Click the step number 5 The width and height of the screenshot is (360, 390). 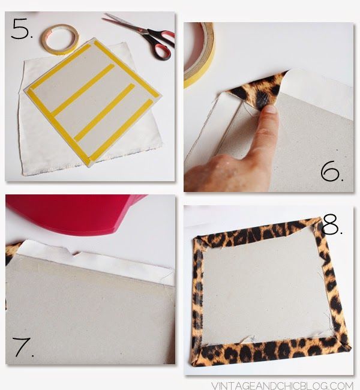22,29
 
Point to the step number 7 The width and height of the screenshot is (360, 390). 23,347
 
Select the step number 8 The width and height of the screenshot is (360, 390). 332,225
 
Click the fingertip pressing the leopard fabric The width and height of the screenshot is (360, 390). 269,110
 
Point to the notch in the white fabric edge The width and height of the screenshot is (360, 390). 74,253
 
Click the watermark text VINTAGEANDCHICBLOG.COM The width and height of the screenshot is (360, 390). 282,385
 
